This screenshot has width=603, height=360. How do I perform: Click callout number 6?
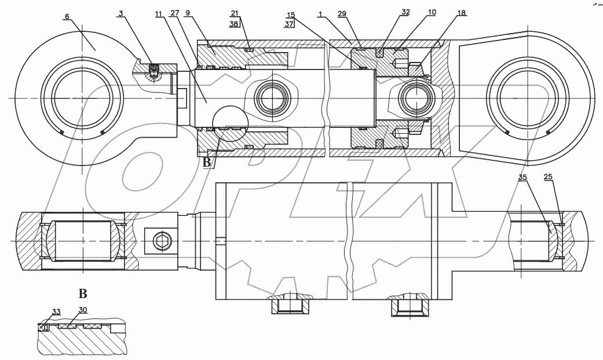click(67, 17)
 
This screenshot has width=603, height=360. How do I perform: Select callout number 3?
click(120, 13)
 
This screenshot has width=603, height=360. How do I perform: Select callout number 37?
click(289, 24)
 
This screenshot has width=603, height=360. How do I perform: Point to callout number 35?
click(523, 178)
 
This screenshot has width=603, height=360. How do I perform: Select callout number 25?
click(548, 178)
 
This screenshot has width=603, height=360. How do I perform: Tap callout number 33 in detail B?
click(57, 312)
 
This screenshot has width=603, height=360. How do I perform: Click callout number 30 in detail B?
click(83, 310)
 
